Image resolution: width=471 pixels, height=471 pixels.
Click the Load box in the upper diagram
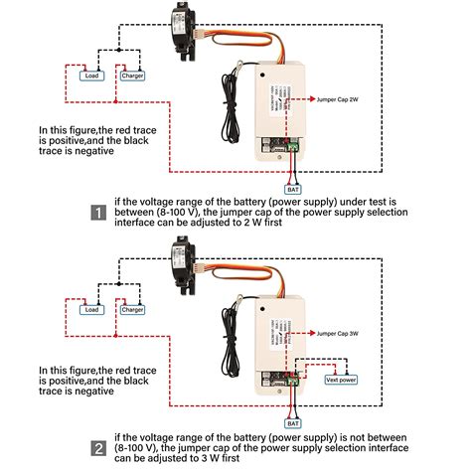[90, 76]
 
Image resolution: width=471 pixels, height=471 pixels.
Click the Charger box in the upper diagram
[132, 76]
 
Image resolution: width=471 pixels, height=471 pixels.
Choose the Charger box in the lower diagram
[132, 310]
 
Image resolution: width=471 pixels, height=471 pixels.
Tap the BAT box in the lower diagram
[292, 420]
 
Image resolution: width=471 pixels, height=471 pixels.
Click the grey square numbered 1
[98, 213]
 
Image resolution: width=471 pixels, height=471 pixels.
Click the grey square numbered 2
[98, 447]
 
